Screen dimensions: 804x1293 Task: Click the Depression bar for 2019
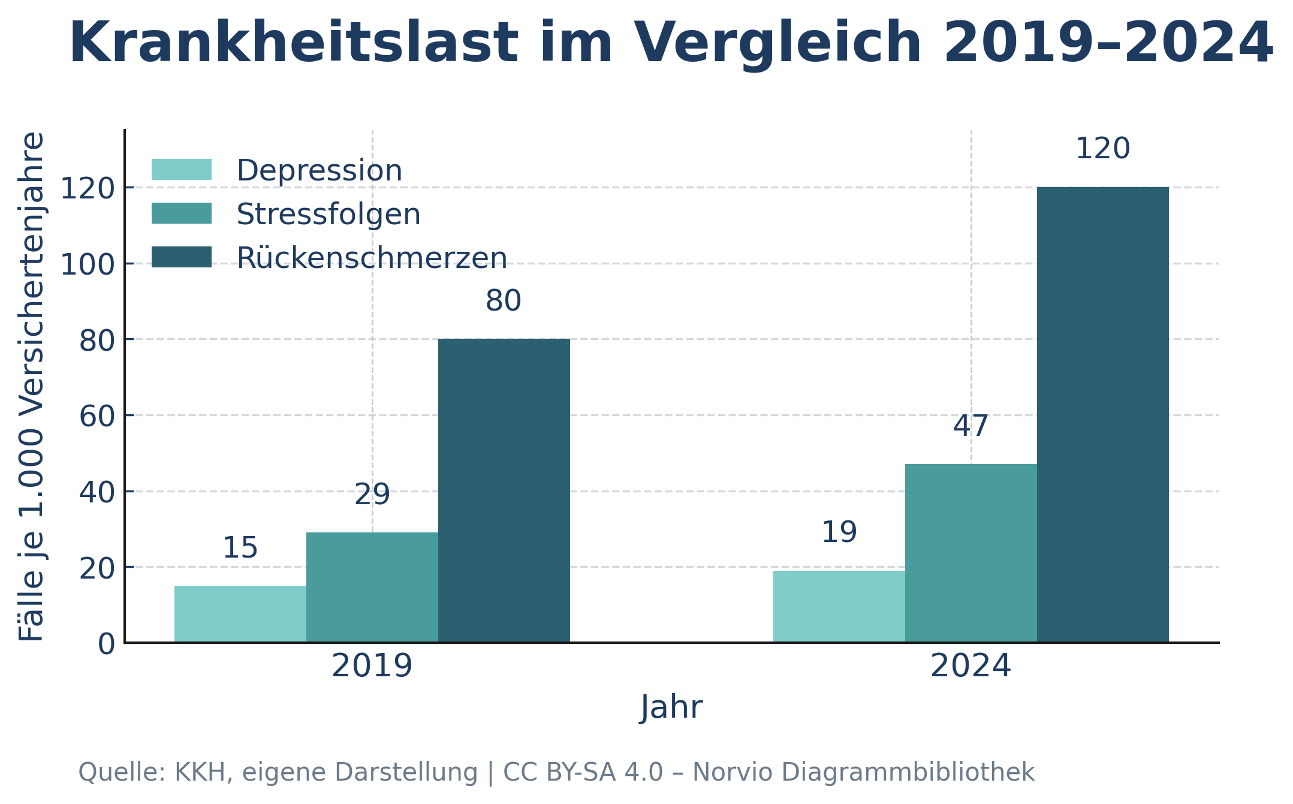[x=240, y=614]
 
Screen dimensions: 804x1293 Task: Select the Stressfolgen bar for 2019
[x=372, y=588]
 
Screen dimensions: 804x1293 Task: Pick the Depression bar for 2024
[x=839, y=606]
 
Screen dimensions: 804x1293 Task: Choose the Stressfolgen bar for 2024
[x=970, y=553]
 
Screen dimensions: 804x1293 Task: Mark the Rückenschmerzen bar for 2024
[x=1102, y=415]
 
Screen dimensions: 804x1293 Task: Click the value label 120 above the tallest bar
[x=1102, y=149]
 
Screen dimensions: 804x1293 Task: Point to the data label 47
[x=970, y=426]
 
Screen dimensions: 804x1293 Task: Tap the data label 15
[x=240, y=548]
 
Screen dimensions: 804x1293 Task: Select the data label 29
[x=372, y=495]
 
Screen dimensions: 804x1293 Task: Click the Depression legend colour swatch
[x=181, y=170]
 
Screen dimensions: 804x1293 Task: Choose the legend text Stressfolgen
[x=328, y=215]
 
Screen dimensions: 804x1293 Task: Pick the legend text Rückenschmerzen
[x=372, y=258]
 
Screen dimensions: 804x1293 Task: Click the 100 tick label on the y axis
[x=88, y=264]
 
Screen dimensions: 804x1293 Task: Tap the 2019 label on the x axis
[x=372, y=666]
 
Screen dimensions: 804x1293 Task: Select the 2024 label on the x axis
[x=970, y=666]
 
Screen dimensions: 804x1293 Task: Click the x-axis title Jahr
[x=671, y=707]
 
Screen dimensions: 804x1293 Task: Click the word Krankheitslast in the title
[x=294, y=43]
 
